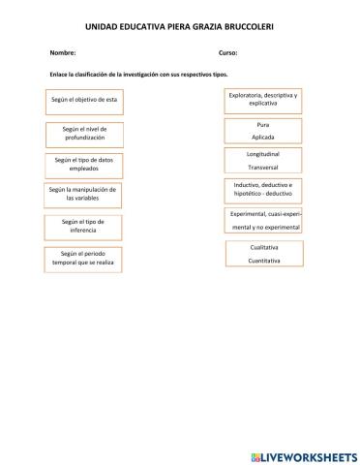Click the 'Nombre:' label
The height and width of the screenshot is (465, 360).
(59, 53)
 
